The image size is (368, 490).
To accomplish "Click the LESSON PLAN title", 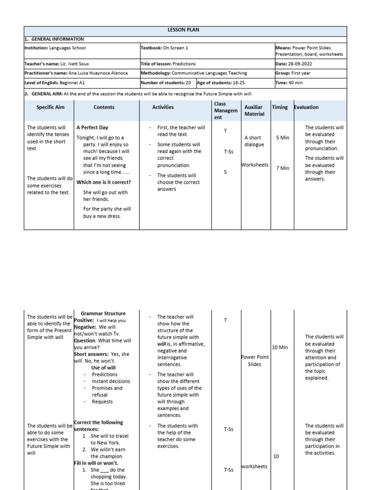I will click(184, 30).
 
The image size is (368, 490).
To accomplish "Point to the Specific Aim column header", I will click(50, 107).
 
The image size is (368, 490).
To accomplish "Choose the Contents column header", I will click(104, 107).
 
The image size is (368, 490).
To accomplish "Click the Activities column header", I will click(163, 107).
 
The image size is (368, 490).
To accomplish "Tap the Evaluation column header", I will click(306, 107).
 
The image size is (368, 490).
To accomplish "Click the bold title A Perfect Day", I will click(92, 128).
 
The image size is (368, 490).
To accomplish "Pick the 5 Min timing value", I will click(283, 138).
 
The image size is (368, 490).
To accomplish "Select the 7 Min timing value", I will click(283, 168).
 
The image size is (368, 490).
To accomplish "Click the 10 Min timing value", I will click(280, 347).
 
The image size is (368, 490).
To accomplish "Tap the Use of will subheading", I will click(103, 367).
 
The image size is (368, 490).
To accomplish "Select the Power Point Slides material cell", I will click(254, 361).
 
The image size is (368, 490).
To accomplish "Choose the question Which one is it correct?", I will click(103, 182).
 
